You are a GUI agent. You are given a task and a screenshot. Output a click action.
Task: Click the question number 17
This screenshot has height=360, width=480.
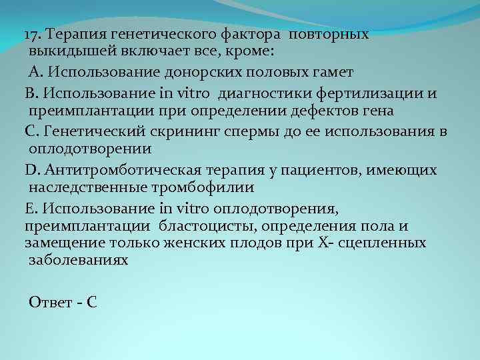point(33,34)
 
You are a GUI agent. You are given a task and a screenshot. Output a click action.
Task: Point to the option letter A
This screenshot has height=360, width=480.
point(34,71)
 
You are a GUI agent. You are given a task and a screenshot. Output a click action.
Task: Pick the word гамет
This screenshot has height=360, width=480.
point(331,71)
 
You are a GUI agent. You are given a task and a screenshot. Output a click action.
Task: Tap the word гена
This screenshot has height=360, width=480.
point(379,110)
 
